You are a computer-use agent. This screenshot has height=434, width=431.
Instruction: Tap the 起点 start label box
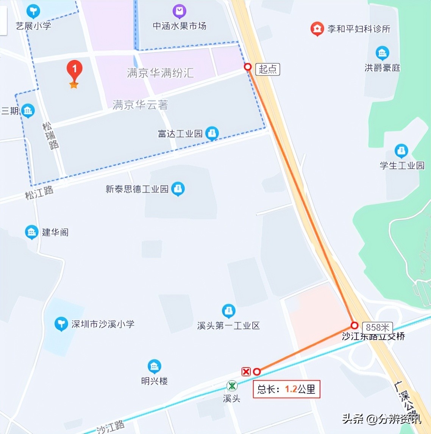[268, 69]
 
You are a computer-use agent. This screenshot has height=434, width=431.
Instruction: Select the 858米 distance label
[377, 327]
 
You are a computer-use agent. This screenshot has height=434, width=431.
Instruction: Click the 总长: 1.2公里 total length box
[286, 389]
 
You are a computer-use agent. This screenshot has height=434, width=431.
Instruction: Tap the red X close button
[246, 371]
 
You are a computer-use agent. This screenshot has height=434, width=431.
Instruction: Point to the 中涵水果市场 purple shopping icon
[179, 12]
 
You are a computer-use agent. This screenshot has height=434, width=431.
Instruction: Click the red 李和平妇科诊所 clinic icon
[317, 28]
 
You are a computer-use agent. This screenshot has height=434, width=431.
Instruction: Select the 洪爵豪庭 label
[382, 68]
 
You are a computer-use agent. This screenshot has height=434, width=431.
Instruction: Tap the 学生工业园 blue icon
[401, 151]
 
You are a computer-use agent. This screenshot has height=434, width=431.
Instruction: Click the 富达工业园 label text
[180, 134]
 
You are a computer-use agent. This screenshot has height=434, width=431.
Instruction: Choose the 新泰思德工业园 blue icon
[178, 189]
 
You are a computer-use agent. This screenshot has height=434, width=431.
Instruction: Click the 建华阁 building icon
[31, 232]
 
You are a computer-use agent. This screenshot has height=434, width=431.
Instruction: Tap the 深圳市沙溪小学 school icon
[61, 324]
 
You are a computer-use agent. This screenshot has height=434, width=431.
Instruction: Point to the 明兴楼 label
[154, 381]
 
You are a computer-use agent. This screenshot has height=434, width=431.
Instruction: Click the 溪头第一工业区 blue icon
[228, 311]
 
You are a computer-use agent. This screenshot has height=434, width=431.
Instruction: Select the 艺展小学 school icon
[33, 11]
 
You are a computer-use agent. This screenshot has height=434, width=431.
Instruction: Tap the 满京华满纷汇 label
[160, 73]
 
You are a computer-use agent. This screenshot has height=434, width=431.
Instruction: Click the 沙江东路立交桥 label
[373, 337]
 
